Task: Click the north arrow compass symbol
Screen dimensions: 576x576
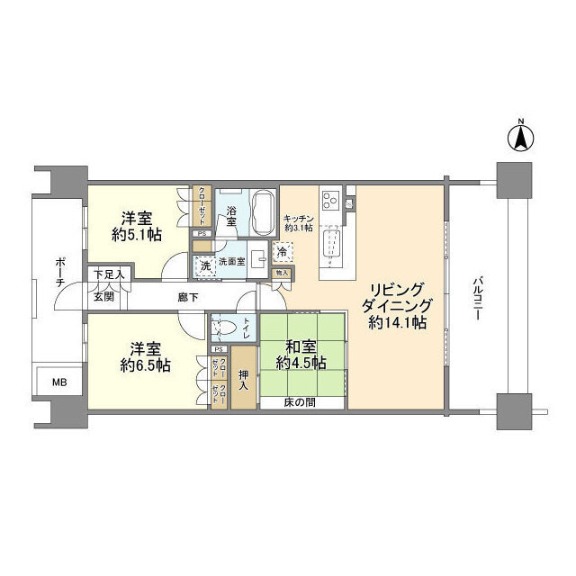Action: [x=520, y=138]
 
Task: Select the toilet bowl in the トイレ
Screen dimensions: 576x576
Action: [x=223, y=326]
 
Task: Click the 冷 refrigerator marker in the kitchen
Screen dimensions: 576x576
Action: [x=294, y=255]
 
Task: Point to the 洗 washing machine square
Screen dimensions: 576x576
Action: [x=204, y=266]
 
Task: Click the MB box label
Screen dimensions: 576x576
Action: [x=58, y=382]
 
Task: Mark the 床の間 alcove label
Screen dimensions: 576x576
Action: [x=300, y=402]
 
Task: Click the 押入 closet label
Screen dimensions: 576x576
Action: [x=243, y=380]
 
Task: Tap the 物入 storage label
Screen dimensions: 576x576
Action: [x=281, y=272]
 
